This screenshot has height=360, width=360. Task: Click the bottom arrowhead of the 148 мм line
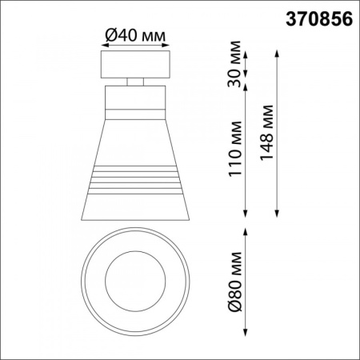pos(277,214)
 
